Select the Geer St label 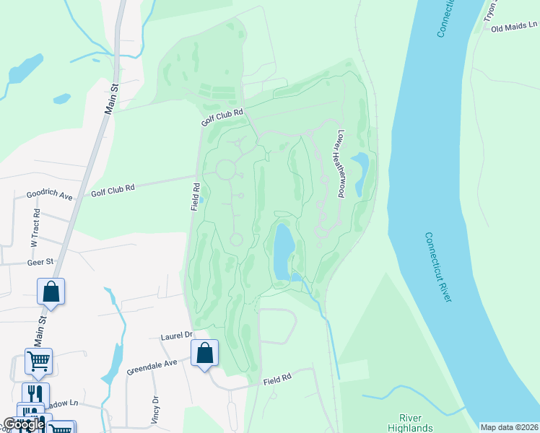click(x=41, y=263)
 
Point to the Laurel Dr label click(x=177, y=336)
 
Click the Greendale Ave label click(x=152, y=367)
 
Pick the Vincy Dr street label click(x=155, y=409)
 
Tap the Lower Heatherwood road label click(x=349, y=164)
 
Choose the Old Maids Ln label click(x=515, y=27)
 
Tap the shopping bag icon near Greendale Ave click(x=205, y=354)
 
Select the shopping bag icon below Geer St click(x=51, y=292)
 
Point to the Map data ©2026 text click(x=509, y=427)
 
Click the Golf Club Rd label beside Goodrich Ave click(x=113, y=189)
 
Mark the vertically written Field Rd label click(x=196, y=196)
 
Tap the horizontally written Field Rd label click(x=276, y=379)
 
